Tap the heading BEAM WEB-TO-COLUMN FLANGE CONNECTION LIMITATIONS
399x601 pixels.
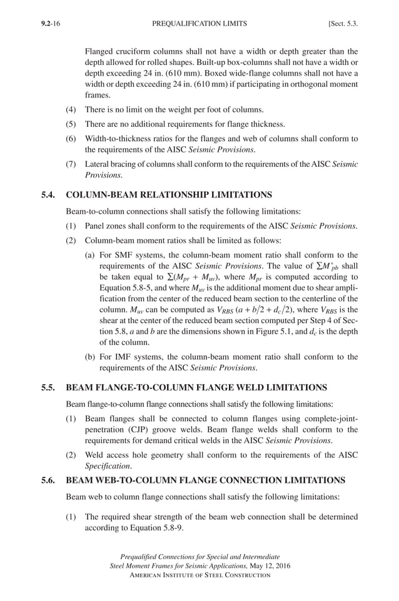point(205,480)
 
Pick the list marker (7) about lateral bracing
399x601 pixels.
point(72,164)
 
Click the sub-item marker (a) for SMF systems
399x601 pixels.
point(91,255)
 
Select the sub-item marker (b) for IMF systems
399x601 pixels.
point(91,357)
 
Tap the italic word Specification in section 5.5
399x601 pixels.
point(108,466)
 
